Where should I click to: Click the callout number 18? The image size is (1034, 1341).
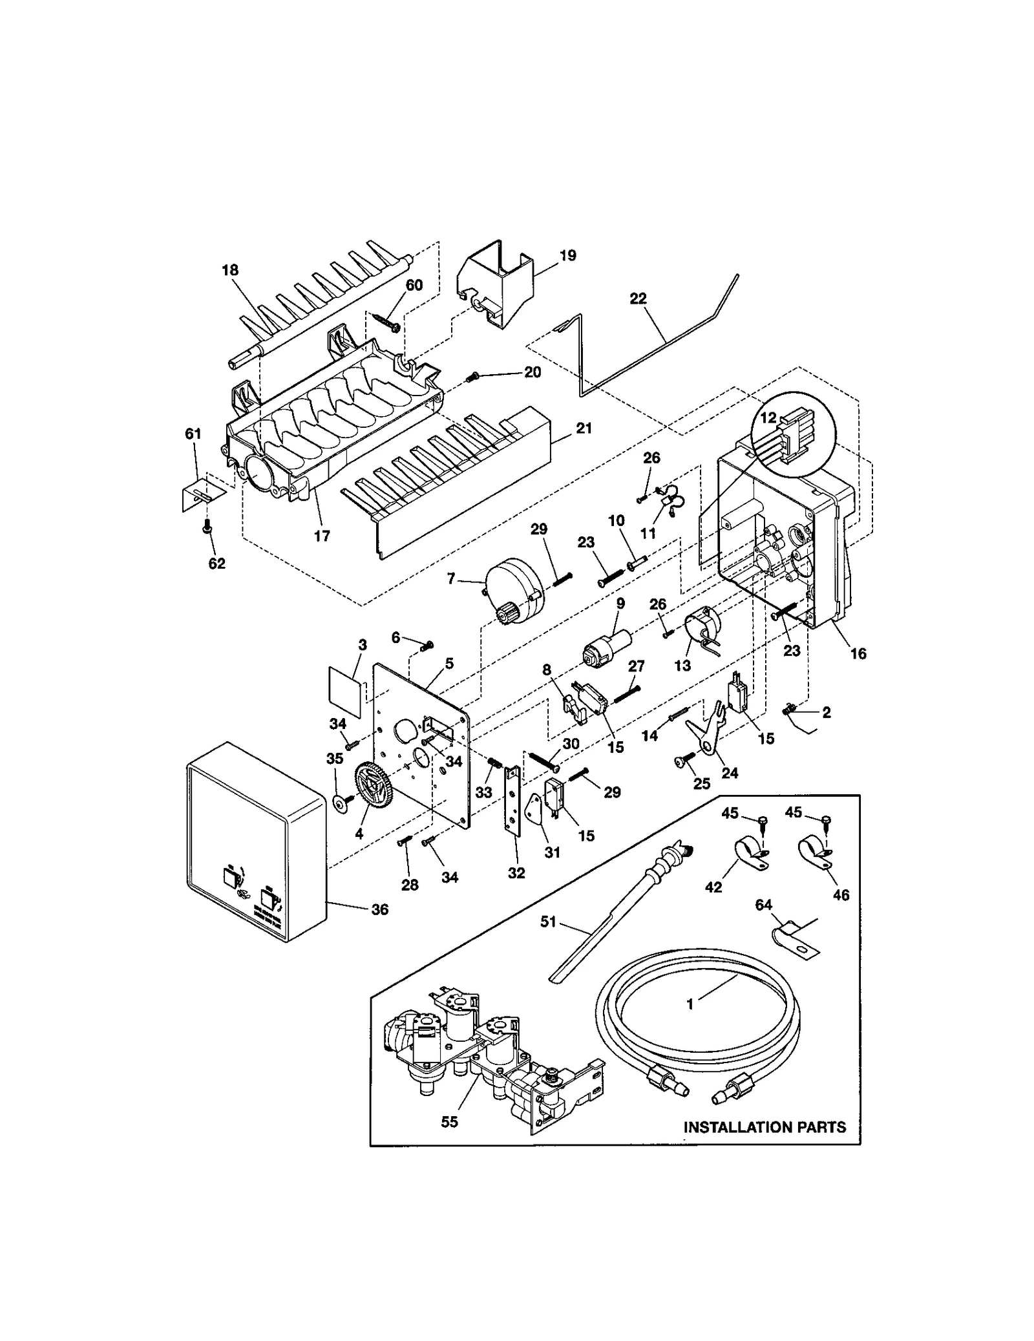coord(230,270)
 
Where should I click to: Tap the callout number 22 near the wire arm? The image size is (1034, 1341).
coord(638,299)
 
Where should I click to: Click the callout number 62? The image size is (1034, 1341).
coord(216,564)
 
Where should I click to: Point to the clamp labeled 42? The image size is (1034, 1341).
coord(750,853)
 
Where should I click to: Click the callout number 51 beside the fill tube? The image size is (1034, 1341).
coord(548,922)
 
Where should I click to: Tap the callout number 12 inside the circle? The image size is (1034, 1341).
coord(768,417)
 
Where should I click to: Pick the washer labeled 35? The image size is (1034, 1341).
coord(338,802)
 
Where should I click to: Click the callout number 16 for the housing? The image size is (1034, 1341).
coord(858,653)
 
